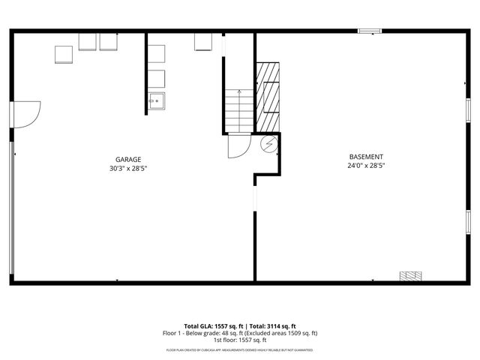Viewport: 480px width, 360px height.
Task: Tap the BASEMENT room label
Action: (365, 156)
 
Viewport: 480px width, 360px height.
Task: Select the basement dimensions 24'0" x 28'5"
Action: (365, 165)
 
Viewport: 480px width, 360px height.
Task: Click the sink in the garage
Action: (156, 100)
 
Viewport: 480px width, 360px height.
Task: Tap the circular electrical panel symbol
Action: (269, 145)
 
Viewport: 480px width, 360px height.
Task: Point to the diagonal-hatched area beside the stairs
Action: (268, 93)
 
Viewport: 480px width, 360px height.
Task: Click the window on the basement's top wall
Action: (369, 31)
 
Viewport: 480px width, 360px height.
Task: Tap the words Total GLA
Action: (199, 325)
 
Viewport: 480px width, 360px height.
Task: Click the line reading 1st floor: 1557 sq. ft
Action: (240, 340)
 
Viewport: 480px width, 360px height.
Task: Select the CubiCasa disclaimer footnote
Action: (240, 350)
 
